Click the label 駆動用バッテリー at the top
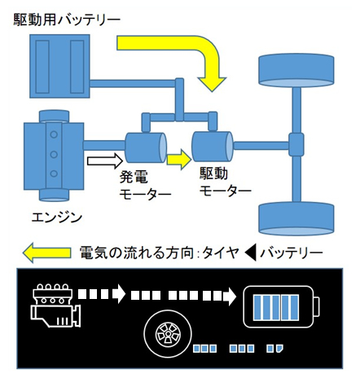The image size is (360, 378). [67, 20]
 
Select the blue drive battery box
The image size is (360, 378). [59, 66]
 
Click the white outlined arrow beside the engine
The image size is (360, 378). [105, 160]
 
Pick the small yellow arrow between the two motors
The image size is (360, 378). [179, 160]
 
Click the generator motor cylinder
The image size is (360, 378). [146, 147]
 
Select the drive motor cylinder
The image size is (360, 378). [213, 147]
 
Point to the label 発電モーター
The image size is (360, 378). [145, 186]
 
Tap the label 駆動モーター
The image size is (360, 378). [226, 182]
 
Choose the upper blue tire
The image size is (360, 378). [296, 70]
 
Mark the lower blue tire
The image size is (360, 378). [296, 218]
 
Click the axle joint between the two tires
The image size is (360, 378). [296, 144]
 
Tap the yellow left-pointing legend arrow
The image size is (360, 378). [46, 253]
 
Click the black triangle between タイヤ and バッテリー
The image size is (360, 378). [250, 253]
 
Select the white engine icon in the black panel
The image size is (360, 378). [56, 305]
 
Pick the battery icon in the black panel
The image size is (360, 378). [281, 307]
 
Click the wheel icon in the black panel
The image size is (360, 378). [168, 334]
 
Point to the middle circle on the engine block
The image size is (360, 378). [54, 154]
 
